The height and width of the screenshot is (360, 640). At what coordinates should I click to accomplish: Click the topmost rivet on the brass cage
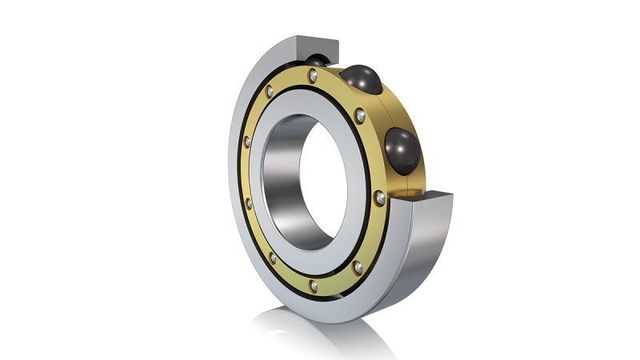click(x=314, y=74)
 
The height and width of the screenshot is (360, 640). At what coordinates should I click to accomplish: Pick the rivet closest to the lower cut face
click(x=380, y=197)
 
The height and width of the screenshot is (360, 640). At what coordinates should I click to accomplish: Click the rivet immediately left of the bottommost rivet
click(x=273, y=258)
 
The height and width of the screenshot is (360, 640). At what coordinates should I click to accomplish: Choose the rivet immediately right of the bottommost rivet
click(x=358, y=266)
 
